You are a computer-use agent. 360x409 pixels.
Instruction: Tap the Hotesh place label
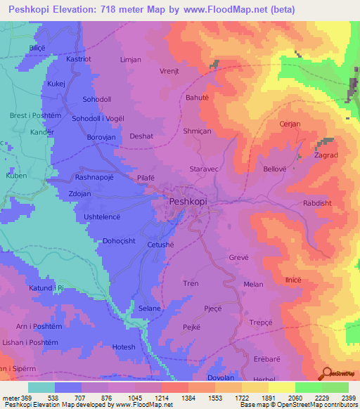[x=124, y=347]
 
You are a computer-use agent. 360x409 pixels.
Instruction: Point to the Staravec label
[x=207, y=169]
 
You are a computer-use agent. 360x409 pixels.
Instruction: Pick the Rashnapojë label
[x=98, y=178]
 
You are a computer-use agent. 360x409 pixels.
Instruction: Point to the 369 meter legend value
[x=22, y=397]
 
